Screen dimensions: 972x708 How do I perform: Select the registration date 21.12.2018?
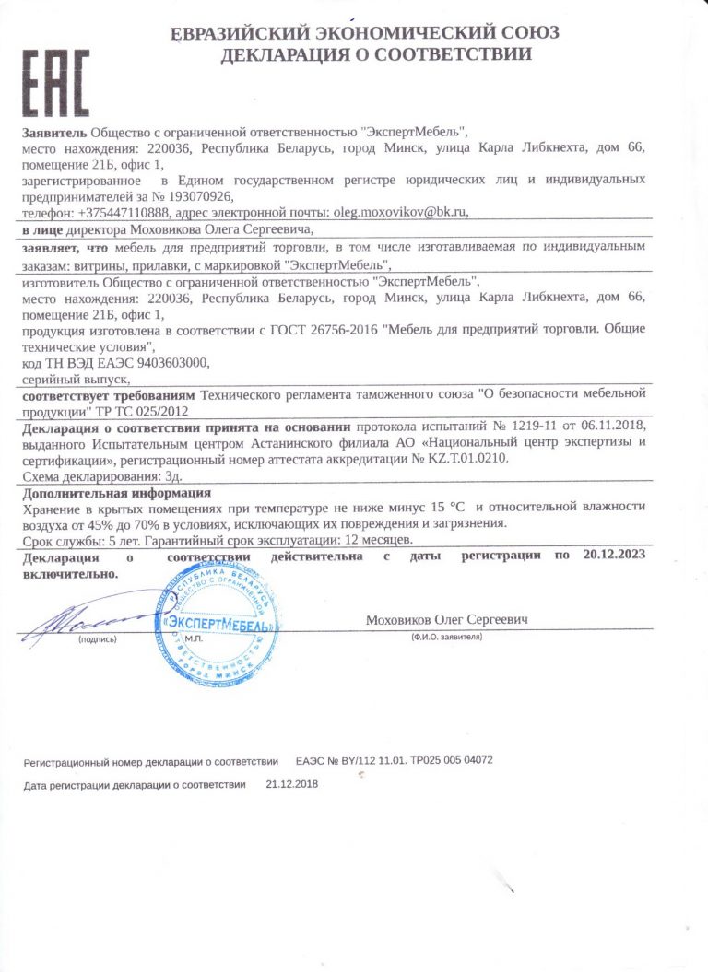click(x=291, y=784)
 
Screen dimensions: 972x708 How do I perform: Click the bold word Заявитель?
click(x=55, y=133)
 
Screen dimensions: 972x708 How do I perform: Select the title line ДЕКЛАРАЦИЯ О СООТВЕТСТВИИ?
click(x=375, y=53)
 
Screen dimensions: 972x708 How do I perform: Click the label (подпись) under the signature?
click(x=97, y=638)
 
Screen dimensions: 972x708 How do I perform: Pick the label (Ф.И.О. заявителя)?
click(x=448, y=637)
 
